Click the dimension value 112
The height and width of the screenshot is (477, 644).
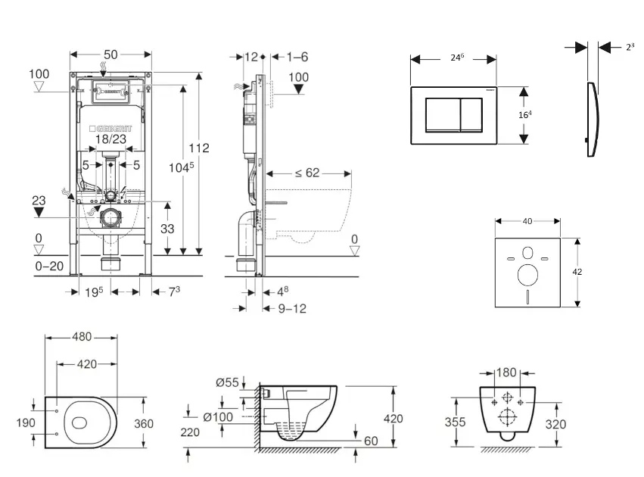click(199, 148)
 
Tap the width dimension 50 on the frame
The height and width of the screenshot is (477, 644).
click(110, 55)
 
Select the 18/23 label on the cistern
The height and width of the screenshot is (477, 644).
click(110, 139)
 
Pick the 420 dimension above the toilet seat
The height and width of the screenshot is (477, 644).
click(87, 363)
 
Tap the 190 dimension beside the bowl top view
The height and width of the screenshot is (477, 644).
click(25, 422)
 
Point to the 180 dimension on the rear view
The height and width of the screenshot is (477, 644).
click(507, 372)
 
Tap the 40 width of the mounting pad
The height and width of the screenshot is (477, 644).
click(527, 221)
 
